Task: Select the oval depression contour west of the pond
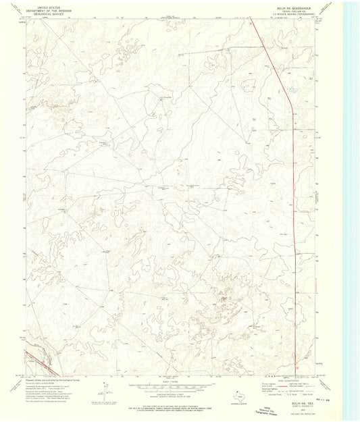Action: (x=247, y=84)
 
